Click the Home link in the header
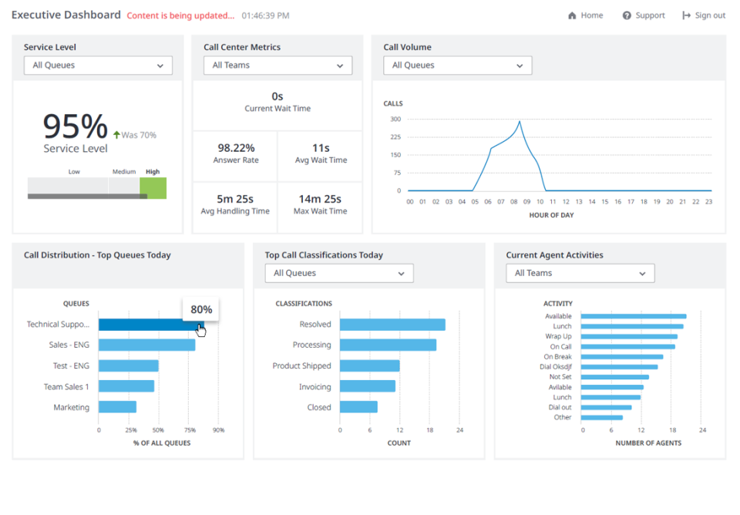[x=586, y=15]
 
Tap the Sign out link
[x=704, y=15]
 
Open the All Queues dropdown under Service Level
[x=98, y=66]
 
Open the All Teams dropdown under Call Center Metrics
[x=277, y=66]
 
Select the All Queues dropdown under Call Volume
[x=457, y=66]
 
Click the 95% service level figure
[x=75, y=126]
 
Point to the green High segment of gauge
[x=153, y=187]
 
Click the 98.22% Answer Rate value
[x=236, y=147]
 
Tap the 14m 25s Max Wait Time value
[x=319, y=199]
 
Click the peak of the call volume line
[x=520, y=122]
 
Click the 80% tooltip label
[x=201, y=310]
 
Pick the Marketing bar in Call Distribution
[x=117, y=407]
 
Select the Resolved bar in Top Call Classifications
[x=392, y=325]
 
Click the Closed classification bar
[x=358, y=407]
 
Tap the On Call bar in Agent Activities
[x=627, y=347]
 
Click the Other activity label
[x=563, y=418]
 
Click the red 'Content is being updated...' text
[x=180, y=15]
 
